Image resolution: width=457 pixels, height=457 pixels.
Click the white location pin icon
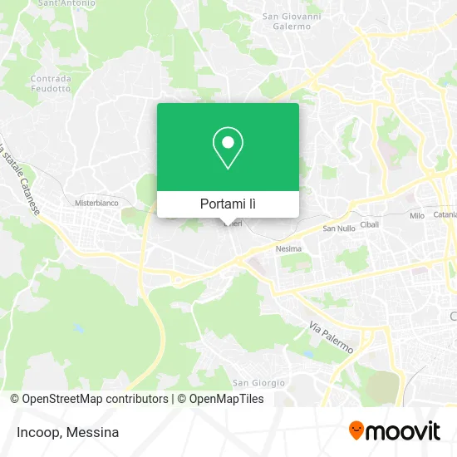[228, 148]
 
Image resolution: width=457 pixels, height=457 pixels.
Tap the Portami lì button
[228, 204]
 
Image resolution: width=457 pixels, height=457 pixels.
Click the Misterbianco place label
[97, 203]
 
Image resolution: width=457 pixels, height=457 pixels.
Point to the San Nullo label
[338, 228]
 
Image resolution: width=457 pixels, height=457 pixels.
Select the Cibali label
[370, 224]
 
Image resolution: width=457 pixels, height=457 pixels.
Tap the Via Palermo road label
[332, 337]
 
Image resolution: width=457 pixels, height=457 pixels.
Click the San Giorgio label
[258, 383]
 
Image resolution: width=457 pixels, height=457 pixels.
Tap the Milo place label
[416, 215]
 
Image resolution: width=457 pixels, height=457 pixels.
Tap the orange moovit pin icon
[356, 431]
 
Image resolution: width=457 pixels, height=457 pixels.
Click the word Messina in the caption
[93, 432]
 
